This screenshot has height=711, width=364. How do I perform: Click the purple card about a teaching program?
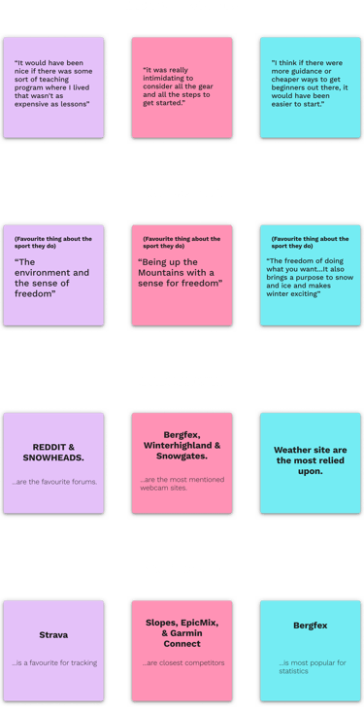coord(53,86)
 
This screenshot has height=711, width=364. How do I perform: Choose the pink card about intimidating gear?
coord(182,86)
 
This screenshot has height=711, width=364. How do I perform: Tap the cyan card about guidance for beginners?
coord(310,86)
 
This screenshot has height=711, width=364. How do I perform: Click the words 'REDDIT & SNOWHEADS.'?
coord(54,454)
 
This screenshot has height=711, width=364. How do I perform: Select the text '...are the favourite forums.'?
coord(54,482)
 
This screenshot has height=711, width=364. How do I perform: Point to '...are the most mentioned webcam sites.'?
coord(182,483)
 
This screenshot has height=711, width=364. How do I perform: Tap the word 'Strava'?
coord(54,635)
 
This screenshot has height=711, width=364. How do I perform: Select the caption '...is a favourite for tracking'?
coord(54,664)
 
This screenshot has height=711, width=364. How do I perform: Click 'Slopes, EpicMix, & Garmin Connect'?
coord(182,634)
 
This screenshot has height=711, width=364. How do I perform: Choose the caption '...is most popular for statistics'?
coord(310,668)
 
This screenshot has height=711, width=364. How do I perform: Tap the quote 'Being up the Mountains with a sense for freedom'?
coord(182,272)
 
